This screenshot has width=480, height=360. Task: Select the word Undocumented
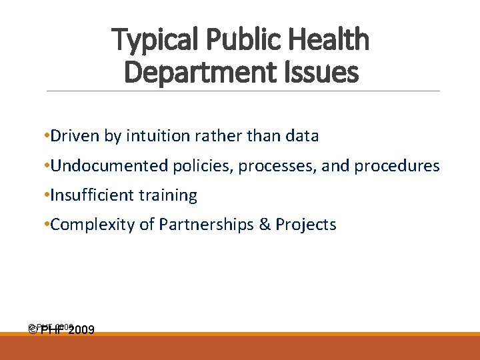click(109, 165)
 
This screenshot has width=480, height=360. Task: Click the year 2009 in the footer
click(81, 330)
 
